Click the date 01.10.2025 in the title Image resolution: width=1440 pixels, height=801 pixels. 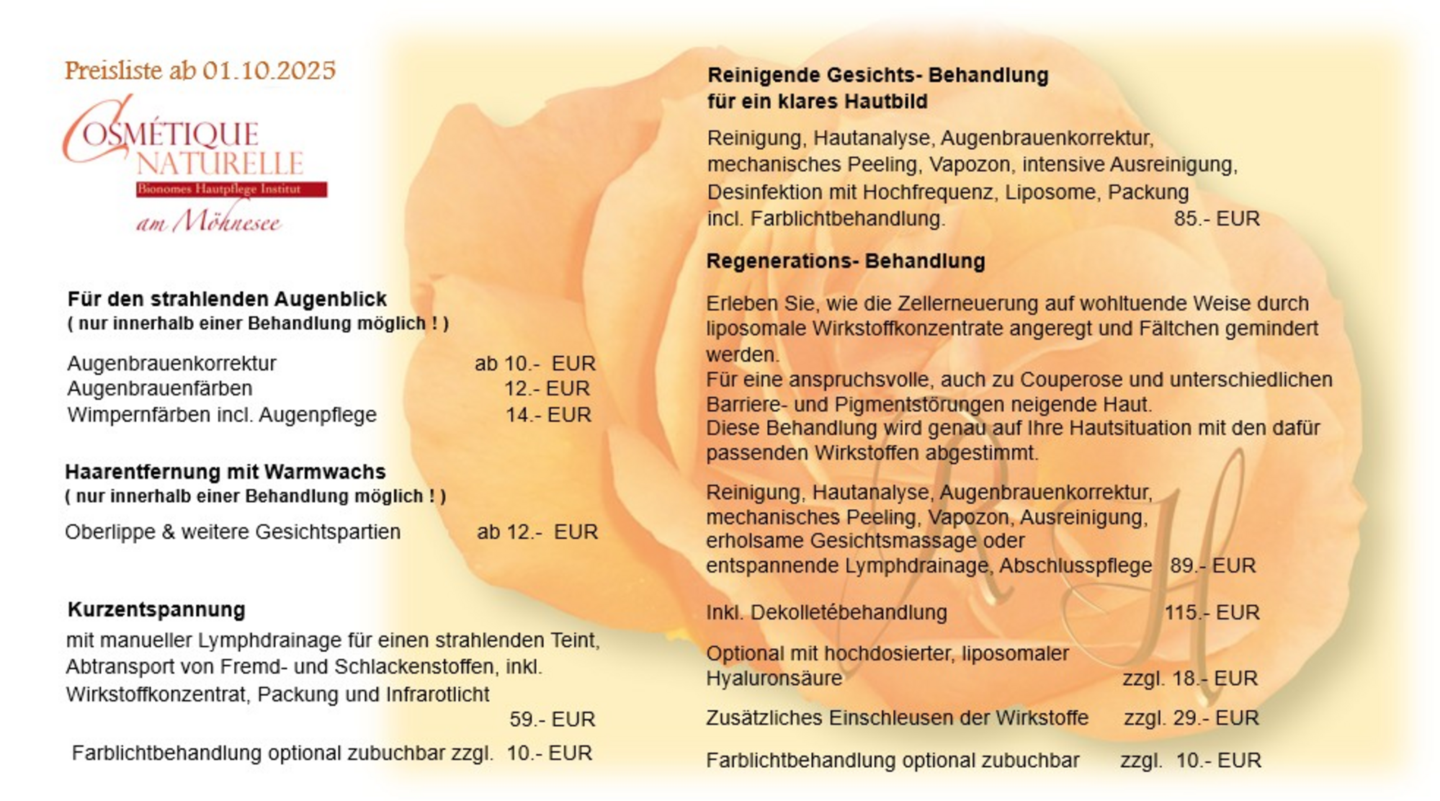[x=269, y=71]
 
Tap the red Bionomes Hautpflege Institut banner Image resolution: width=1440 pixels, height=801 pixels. [x=231, y=189]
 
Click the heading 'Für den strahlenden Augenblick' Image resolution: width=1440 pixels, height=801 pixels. [x=227, y=299]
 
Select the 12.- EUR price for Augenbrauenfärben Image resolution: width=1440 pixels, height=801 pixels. [x=547, y=389]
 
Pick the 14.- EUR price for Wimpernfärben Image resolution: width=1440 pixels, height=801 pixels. [x=548, y=415]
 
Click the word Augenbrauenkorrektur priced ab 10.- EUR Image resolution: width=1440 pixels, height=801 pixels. [x=171, y=363]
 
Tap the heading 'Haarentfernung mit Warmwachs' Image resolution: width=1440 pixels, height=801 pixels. [x=225, y=472]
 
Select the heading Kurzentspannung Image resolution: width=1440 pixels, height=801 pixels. [x=156, y=609]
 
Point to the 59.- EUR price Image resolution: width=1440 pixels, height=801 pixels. [x=552, y=720]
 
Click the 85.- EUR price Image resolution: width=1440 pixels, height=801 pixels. [x=1216, y=219]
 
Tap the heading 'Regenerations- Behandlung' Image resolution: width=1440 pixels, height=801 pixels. [x=845, y=261]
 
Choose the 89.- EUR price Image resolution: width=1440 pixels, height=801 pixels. [x=1212, y=566]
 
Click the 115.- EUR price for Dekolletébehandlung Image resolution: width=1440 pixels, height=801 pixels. [x=1212, y=613]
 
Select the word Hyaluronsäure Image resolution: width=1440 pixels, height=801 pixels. [x=774, y=679]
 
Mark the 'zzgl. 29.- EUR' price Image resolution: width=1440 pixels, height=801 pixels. [x=1191, y=718]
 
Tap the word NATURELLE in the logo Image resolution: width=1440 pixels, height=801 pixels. [x=220, y=164]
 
